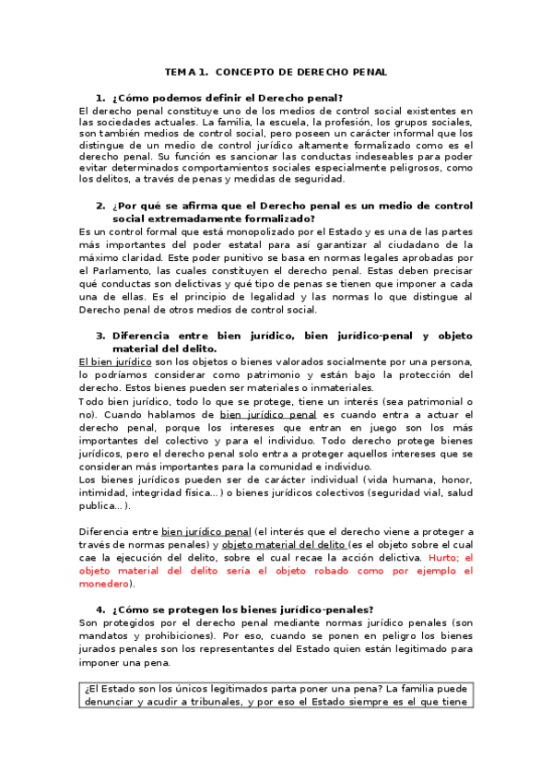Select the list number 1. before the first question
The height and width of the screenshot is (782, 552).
[x=100, y=98]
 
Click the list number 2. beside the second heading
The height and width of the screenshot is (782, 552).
[x=100, y=206]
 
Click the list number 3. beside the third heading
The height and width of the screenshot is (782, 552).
[x=100, y=336]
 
